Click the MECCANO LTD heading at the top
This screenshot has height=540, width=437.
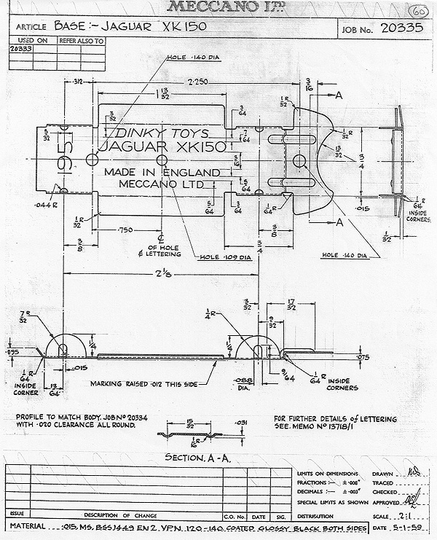(x=218, y=7)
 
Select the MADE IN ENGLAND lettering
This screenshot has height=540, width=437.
(x=161, y=172)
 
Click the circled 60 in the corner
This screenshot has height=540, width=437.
(x=420, y=13)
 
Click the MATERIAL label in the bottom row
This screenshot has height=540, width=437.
(x=28, y=525)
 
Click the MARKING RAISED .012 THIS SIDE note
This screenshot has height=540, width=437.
(x=143, y=383)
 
